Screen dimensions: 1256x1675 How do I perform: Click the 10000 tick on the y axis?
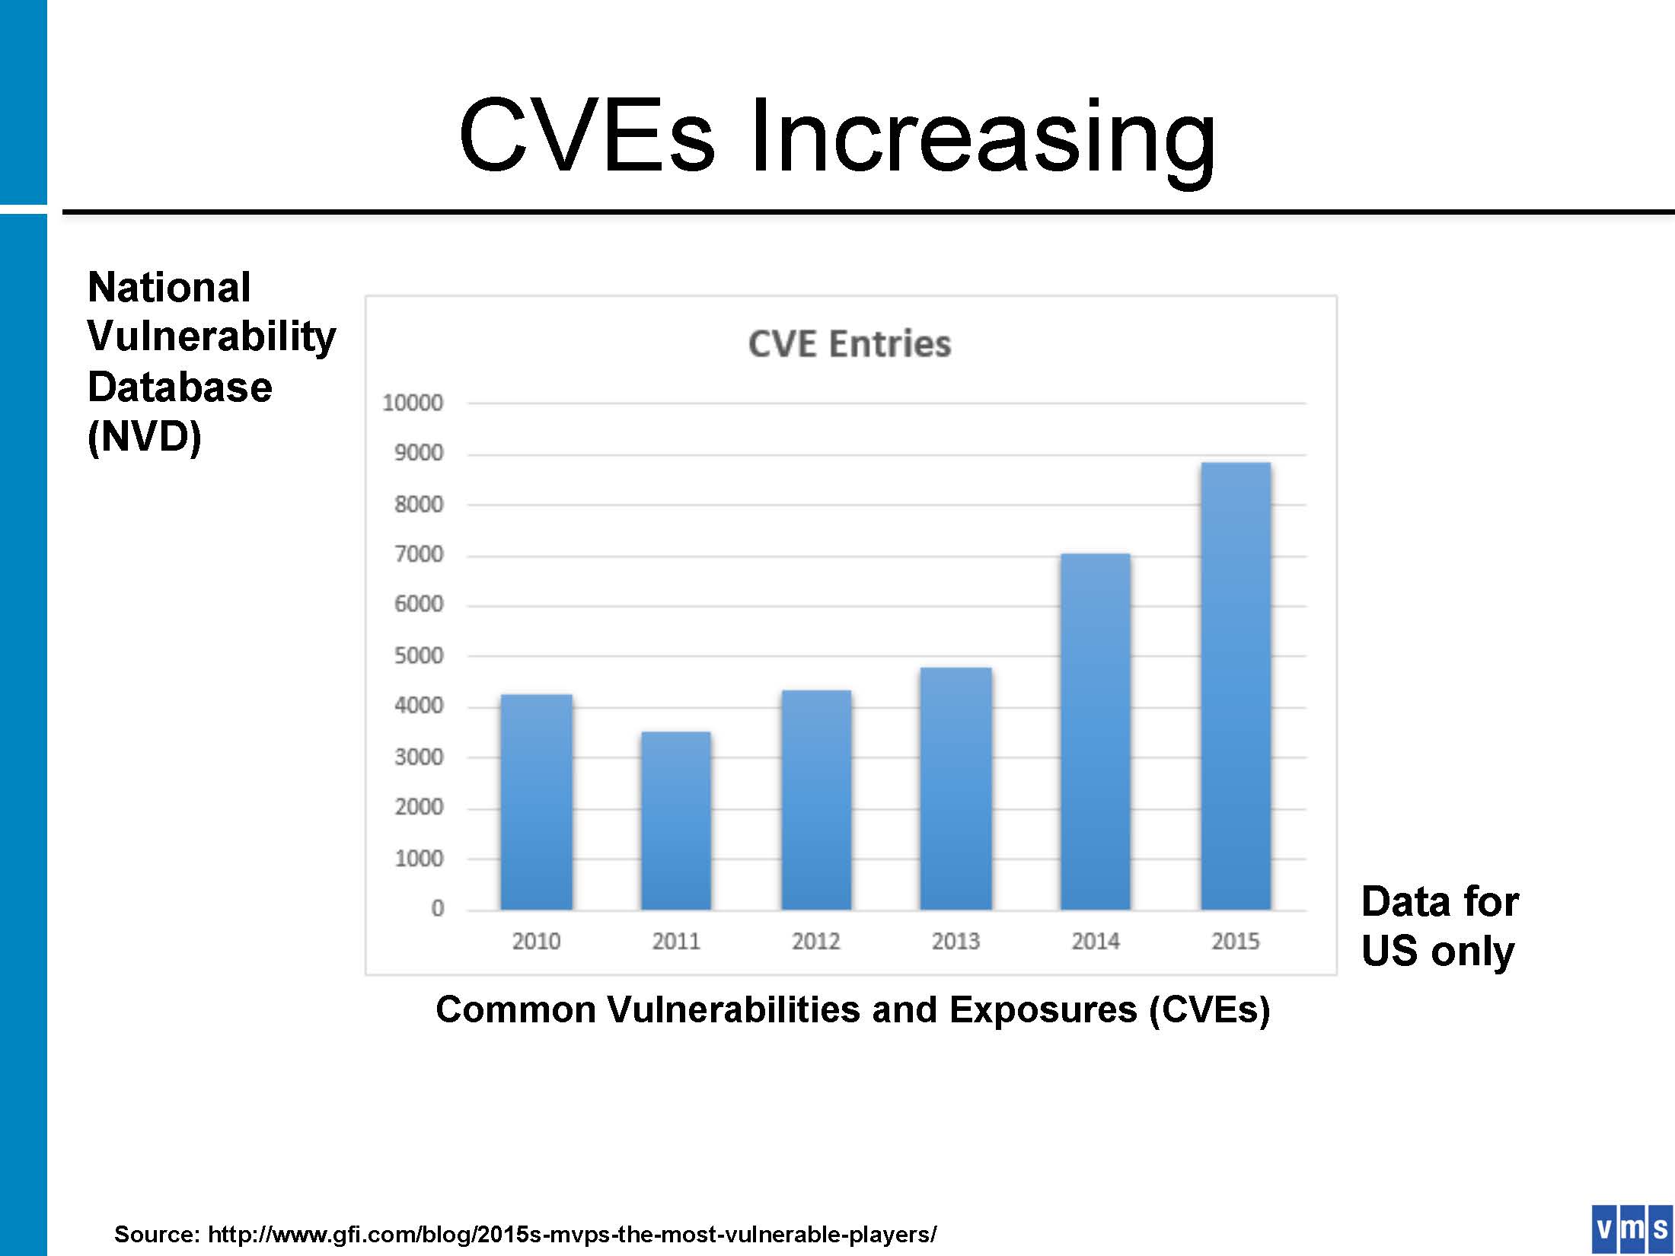coord(413,403)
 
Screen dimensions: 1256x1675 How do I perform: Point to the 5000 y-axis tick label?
coord(419,655)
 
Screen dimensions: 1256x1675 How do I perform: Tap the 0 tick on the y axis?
coord(437,908)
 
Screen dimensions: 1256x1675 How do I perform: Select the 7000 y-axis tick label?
coord(419,554)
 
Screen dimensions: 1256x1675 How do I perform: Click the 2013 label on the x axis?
coord(956,942)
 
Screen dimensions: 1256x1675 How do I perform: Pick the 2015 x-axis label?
coord(1235,942)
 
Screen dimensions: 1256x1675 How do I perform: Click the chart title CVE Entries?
coord(850,344)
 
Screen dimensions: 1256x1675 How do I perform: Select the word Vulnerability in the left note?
coord(212,336)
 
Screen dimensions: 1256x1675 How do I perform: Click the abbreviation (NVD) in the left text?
coord(145,437)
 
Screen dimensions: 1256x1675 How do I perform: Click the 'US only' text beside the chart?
coord(1437,952)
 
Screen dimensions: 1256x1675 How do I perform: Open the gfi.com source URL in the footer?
coord(572,1234)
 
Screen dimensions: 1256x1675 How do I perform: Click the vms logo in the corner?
coord(1632,1229)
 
